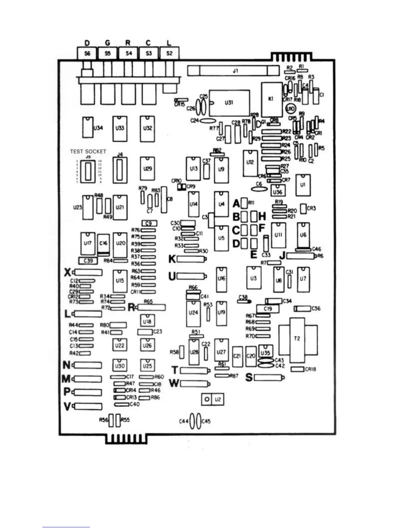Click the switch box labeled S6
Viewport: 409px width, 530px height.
(87, 53)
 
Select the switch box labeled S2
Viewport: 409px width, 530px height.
(169, 53)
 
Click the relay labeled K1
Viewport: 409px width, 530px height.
(271, 99)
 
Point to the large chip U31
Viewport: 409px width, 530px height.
(230, 103)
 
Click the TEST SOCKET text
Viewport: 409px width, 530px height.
(88, 151)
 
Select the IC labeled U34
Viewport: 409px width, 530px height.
(88, 127)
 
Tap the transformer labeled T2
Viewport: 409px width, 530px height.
(297, 339)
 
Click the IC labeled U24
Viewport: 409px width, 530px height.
(193, 313)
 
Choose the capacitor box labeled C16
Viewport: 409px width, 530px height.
(104, 243)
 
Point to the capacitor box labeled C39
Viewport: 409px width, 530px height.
(88, 260)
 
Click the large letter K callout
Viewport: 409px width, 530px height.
(172, 259)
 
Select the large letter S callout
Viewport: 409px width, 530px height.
(249, 377)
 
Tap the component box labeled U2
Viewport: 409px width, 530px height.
(218, 399)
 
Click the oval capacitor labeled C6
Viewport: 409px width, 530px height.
(259, 189)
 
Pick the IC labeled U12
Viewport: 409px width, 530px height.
(250, 163)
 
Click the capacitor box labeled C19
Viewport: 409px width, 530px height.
(268, 308)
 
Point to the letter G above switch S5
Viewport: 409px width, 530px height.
(107, 43)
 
